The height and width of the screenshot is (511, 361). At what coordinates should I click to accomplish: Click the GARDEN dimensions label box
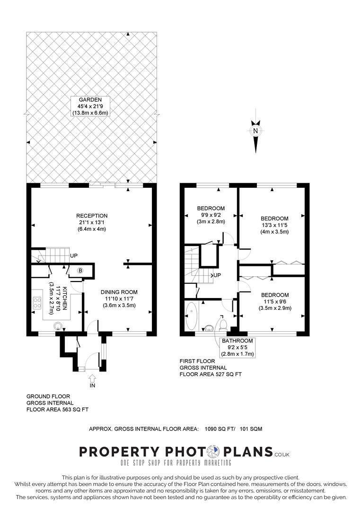90,106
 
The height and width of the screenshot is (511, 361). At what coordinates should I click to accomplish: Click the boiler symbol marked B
80,271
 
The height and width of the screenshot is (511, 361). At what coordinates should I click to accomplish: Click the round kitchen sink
58,325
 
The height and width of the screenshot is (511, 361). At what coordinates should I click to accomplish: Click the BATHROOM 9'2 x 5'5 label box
237,347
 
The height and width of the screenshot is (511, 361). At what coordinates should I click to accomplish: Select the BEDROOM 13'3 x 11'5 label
274,225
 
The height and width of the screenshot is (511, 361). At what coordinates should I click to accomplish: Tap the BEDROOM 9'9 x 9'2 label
211,214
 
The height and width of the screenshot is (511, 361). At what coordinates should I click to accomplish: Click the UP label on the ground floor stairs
74,255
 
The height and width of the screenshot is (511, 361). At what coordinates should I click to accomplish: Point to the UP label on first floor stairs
217,275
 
